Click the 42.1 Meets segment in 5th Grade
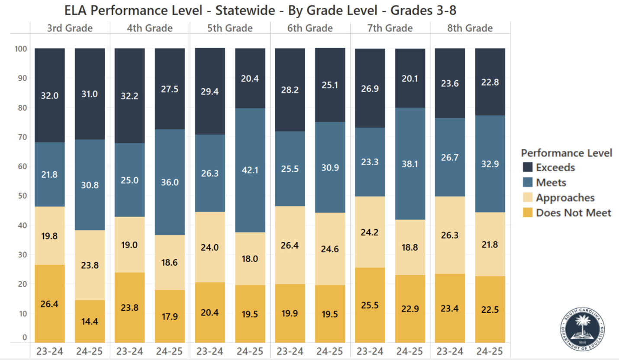[x=250, y=170]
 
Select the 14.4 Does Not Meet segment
[x=90, y=321]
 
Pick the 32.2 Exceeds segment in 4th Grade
[x=129, y=96]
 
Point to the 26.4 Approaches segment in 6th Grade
[x=290, y=245]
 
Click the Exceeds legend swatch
[x=528, y=167]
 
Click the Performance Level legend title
[x=566, y=153]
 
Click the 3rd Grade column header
[x=70, y=29]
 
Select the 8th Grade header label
[x=470, y=29]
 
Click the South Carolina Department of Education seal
[x=583, y=325]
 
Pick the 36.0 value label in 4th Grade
[x=170, y=182]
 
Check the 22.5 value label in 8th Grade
[x=490, y=310]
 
